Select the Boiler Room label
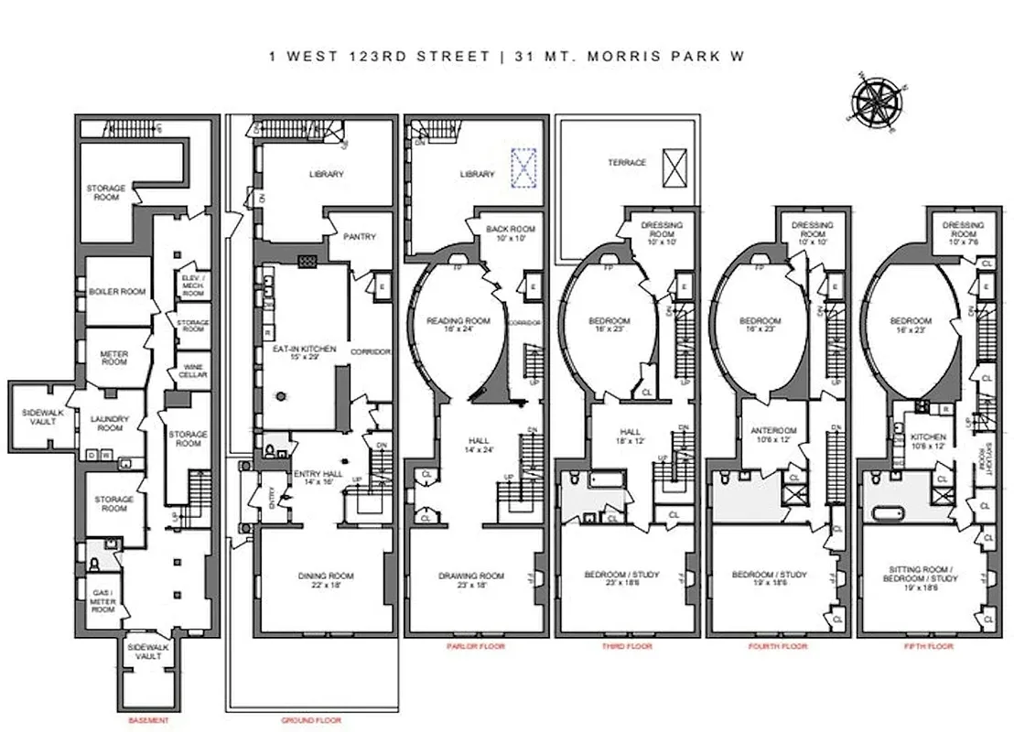117,291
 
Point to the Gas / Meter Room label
102,599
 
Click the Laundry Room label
111,424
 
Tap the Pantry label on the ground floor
360,237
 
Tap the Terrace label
627,163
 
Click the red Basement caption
149,720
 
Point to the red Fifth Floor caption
933,646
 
